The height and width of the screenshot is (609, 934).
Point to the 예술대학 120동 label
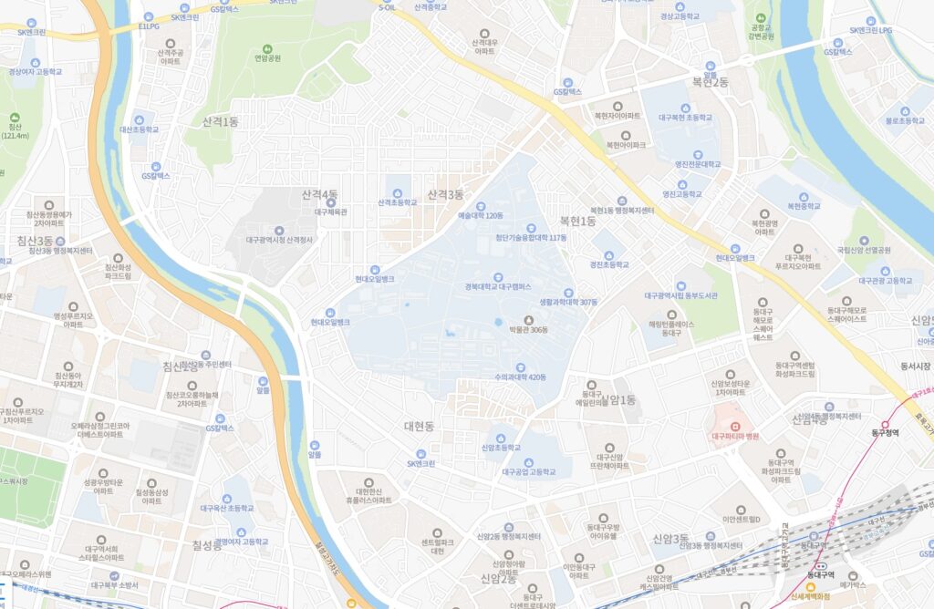(481, 216)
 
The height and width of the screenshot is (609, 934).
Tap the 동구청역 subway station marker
(884, 424)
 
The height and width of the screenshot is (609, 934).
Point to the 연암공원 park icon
(266, 48)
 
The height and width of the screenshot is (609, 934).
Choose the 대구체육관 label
(331, 212)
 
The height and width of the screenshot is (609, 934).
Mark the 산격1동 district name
(220, 121)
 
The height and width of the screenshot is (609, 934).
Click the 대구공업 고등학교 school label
(528, 472)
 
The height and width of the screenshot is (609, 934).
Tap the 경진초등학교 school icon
(609, 265)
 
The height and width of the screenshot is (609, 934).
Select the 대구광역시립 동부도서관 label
(680, 295)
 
